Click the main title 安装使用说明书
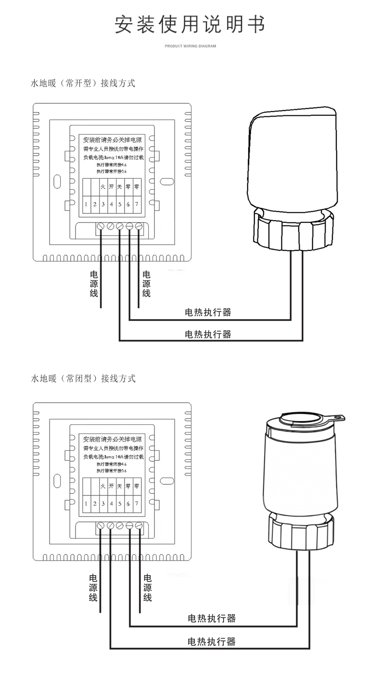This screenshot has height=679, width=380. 190,25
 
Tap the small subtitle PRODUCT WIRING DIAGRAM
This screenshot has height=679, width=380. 190,47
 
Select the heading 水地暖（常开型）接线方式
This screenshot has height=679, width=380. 83,83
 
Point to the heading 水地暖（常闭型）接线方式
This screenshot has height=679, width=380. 83,379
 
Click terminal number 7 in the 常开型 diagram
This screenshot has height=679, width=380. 137,204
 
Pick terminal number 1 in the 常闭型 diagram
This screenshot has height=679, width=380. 86,503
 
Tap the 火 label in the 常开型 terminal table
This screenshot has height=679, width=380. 103,186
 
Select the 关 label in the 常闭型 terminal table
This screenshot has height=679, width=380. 120,486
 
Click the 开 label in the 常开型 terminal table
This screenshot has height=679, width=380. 111,186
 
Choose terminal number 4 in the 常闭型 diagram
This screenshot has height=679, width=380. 111,503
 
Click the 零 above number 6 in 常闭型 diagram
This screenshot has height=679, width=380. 128,486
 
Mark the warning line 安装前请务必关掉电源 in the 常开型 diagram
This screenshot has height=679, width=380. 112,140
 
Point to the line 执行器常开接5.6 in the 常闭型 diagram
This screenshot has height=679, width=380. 111,471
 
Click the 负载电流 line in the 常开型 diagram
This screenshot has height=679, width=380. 113,157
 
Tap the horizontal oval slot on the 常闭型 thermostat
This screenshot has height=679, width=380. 166,481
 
